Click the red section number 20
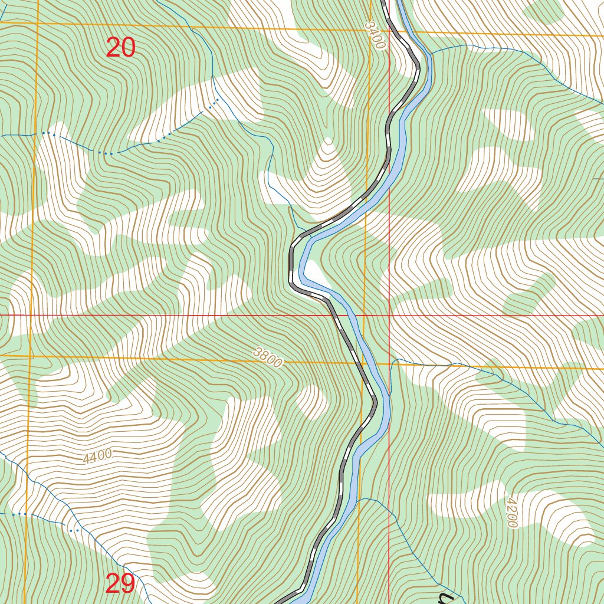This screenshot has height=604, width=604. point(121,47)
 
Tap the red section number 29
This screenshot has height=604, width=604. point(120,583)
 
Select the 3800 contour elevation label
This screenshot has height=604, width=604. point(268,357)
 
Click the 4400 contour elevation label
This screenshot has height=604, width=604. point(97,457)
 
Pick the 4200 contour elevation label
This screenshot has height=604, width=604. point(511,511)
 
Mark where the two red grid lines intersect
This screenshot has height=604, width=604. point(389,316)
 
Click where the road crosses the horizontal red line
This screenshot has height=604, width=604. point(335,316)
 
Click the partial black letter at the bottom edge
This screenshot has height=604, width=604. point(448,599)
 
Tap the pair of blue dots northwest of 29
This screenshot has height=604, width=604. point(74,530)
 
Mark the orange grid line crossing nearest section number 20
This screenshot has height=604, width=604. point(37,24)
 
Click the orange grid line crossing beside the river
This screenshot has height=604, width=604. point(363,362)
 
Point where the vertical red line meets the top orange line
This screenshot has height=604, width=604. point(389,29)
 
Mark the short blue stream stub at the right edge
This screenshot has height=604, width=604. point(598,179)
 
